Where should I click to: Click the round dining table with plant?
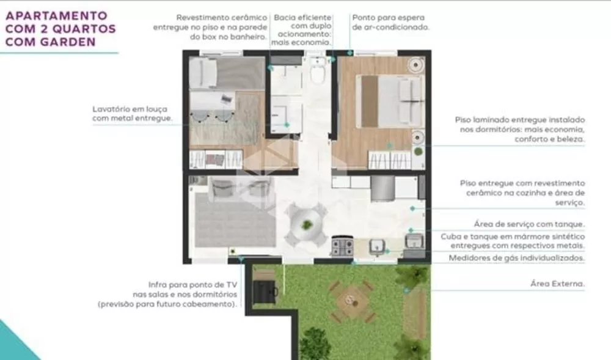(x=307, y=225)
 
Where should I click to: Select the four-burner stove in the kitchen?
(x=343, y=246)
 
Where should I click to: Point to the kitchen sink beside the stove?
(x=377, y=246)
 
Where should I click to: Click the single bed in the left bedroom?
(x=227, y=73)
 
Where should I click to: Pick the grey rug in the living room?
(x=236, y=221)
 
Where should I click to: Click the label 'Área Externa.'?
(x=557, y=284)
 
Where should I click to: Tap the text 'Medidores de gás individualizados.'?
(x=517, y=258)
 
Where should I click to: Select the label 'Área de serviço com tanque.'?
(x=529, y=224)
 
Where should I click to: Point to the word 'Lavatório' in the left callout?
(x=110, y=109)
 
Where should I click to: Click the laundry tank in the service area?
(x=415, y=241)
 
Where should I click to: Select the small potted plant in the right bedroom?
(x=419, y=151)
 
